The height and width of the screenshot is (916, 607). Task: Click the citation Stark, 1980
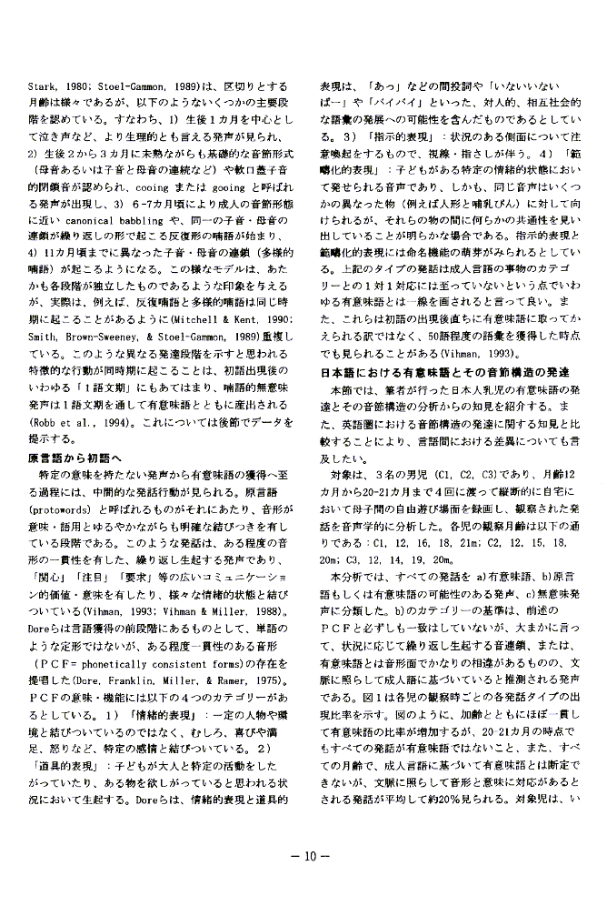click(53, 86)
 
